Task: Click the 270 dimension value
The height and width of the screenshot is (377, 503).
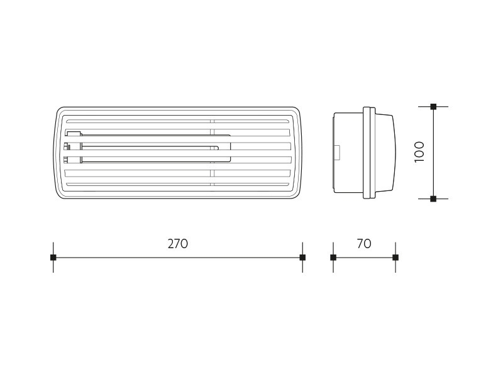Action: coord(178,244)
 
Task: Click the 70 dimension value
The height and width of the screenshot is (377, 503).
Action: coord(364,244)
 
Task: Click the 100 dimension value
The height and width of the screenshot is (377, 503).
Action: coord(419,152)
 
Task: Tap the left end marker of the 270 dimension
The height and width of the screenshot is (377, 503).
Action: coord(53,258)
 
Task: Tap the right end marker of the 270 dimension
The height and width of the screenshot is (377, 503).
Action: coord(302,258)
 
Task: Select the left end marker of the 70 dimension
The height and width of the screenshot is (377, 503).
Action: coord(333,258)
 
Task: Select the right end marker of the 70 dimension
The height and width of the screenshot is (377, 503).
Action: coord(395,258)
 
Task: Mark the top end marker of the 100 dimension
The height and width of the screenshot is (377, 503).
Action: coord(433,107)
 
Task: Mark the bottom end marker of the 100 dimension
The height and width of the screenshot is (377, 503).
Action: coord(433,199)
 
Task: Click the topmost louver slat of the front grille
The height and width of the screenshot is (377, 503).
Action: coord(177,121)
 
